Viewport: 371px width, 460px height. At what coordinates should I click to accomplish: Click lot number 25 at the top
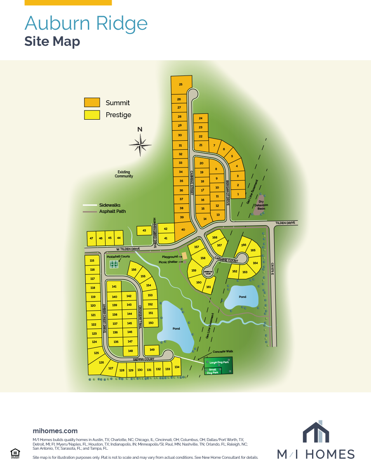[181, 85]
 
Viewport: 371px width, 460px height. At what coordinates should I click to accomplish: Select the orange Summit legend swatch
[92, 103]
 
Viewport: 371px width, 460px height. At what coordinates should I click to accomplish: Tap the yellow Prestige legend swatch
[92, 115]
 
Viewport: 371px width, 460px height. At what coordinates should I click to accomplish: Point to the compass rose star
[140, 145]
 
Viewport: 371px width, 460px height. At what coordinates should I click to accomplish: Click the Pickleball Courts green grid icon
[114, 264]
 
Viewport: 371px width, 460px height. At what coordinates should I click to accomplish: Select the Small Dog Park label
[213, 371]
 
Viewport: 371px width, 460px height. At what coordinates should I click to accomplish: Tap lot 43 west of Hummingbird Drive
[144, 230]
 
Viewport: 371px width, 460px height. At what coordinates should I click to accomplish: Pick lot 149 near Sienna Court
[152, 350]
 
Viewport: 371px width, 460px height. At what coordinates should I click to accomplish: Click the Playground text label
[170, 257]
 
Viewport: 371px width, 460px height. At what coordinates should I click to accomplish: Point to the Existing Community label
[124, 174]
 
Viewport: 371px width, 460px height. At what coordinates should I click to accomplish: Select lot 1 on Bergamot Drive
[237, 193]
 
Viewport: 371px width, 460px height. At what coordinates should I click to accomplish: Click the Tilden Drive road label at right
[286, 223]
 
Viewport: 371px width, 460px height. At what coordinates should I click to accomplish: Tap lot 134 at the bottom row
[177, 367]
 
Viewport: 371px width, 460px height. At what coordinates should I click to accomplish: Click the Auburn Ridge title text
[86, 23]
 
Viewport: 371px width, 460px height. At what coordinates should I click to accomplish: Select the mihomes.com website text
[55, 431]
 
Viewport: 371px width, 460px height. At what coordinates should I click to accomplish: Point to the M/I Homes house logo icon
[316, 432]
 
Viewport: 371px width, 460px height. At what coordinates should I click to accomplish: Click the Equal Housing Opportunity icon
[15, 453]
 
